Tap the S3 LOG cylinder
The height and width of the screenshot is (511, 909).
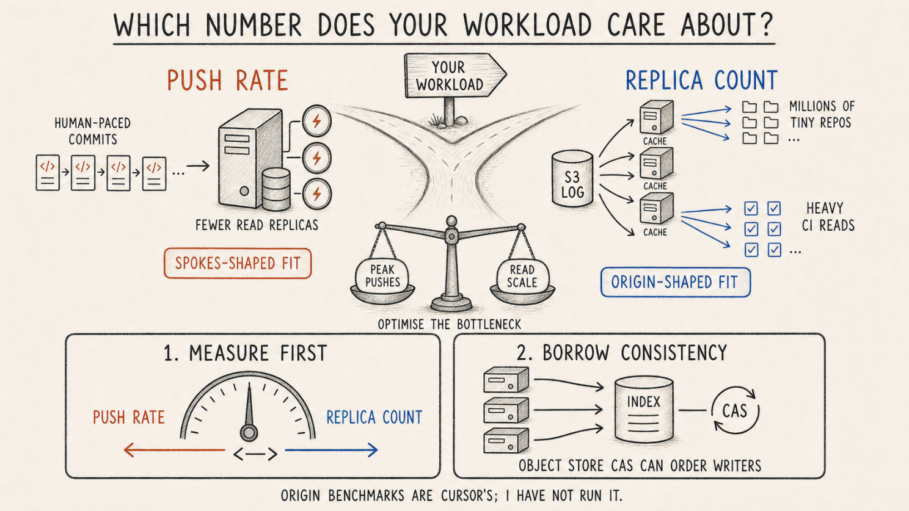572,178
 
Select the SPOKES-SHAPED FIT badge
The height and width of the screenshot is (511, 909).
238,264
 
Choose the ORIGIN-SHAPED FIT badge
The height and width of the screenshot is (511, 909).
675,282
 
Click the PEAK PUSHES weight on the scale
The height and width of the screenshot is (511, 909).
382,275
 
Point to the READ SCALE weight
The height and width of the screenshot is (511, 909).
522,276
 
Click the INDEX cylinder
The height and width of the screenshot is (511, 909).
644,410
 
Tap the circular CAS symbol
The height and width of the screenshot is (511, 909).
735,410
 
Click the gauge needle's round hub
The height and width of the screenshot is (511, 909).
249,433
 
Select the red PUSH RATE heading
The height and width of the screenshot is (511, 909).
228,81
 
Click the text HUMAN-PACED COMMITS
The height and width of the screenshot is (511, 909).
92,131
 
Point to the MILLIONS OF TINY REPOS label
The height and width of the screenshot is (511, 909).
822,114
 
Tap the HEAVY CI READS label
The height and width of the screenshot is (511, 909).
828,217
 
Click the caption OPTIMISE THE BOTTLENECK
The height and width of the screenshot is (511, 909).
449,324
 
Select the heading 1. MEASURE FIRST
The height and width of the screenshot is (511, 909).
245,353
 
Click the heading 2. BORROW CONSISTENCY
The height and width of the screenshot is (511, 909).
622,352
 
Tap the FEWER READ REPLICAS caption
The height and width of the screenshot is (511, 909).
257,225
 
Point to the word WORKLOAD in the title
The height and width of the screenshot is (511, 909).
528,25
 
